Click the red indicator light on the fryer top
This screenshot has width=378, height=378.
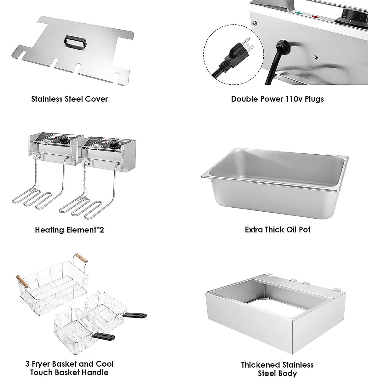[315, 16]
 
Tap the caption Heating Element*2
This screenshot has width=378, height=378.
[69, 230]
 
